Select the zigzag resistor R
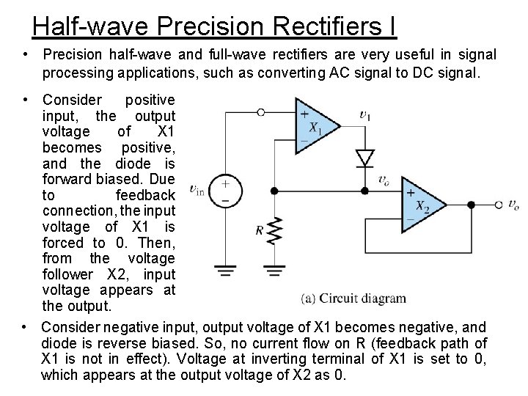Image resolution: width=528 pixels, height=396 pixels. coord(274,231)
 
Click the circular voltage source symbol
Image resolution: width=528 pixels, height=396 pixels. coord(226,191)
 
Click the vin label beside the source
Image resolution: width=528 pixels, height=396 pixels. coord(197,191)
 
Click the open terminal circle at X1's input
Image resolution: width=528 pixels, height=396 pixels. coord(261,112)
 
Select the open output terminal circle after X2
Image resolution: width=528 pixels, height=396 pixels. coord(498,205)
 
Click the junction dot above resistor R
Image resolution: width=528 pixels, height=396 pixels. coord(274,191)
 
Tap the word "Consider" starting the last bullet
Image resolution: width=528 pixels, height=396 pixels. coord(72,327)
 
